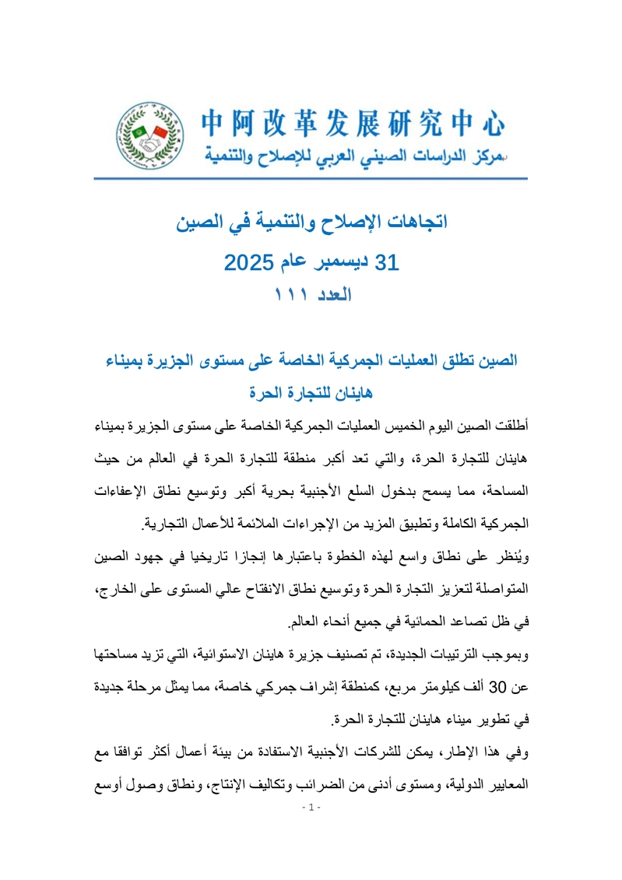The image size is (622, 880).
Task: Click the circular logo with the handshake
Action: [x=149, y=138]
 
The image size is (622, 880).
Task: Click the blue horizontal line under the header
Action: [x=311, y=179]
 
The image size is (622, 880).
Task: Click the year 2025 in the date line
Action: [x=246, y=262]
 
